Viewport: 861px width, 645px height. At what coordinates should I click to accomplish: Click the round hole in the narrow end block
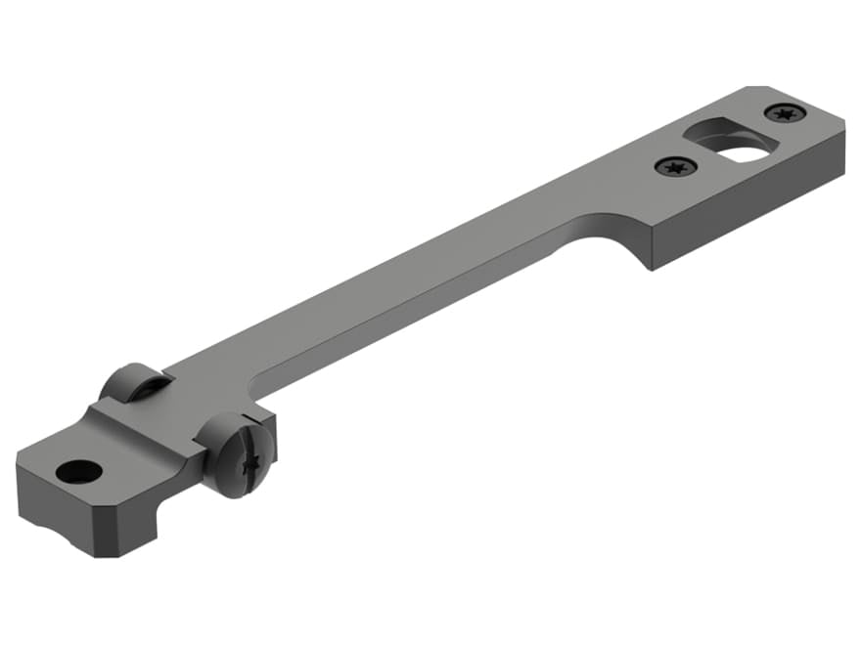click(79, 472)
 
